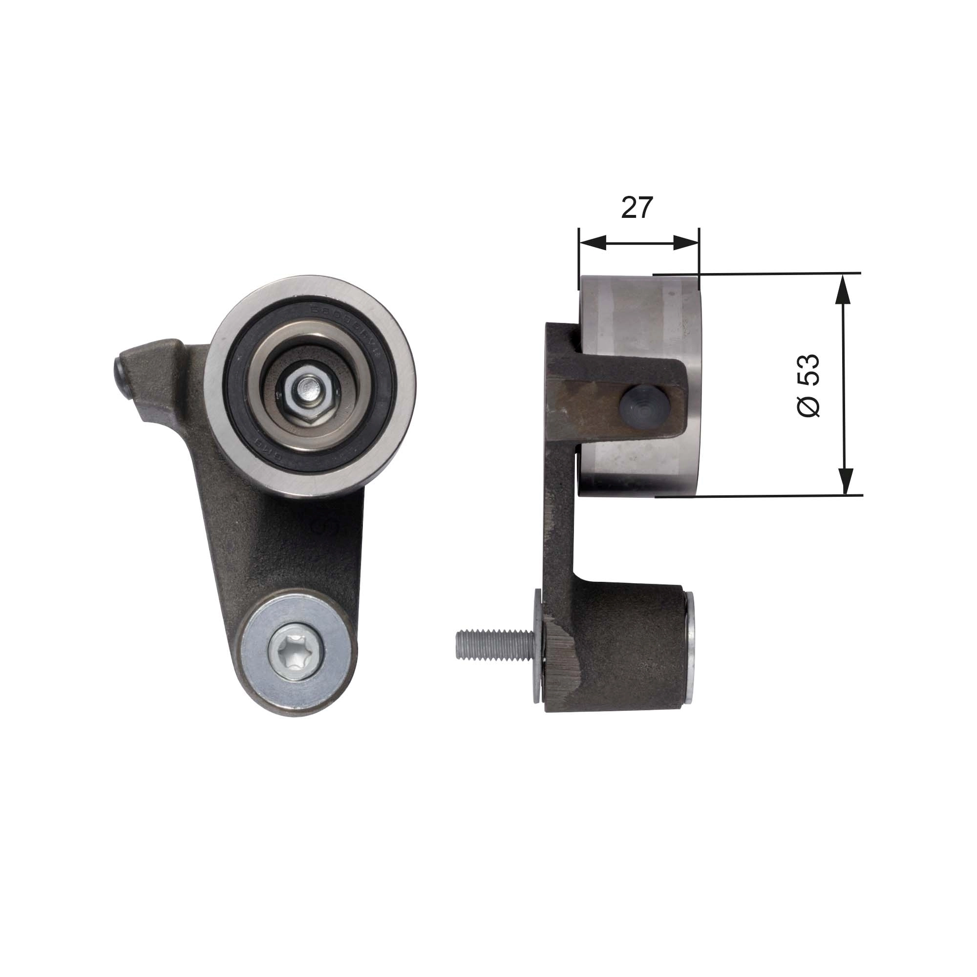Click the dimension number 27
[x=637, y=208]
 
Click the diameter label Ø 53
[x=807, y=385]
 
